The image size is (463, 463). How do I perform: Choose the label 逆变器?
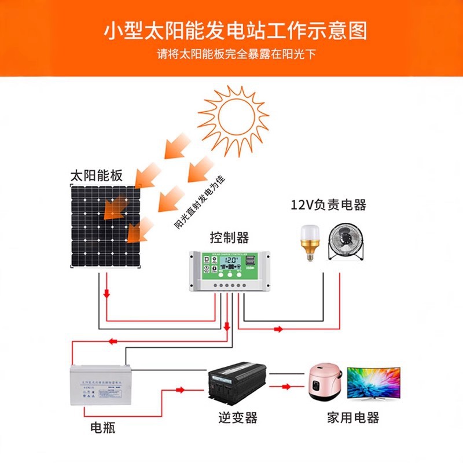point(237,417)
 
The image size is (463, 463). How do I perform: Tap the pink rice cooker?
point(324,383)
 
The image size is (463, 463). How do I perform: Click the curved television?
point(373,383)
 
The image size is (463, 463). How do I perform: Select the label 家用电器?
point(352,418)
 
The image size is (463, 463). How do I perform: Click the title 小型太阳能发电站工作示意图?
point(235,30)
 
